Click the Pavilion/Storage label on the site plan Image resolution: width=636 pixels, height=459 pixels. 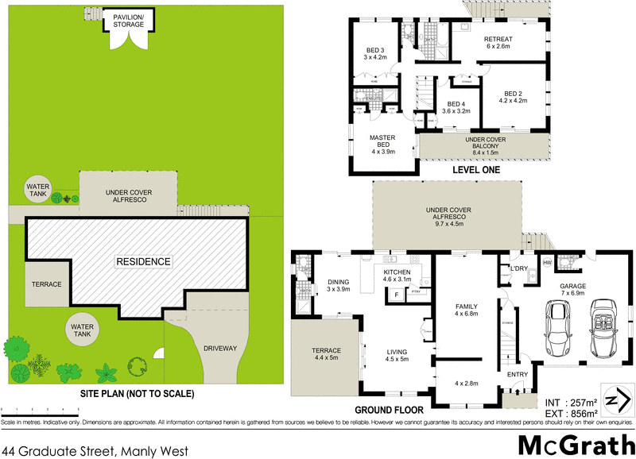[128, 20]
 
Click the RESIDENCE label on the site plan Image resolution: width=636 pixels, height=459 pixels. [144, 261]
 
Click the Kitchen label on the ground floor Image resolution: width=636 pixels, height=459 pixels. [396, 275]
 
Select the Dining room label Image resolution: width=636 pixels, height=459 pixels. [339, 285]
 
